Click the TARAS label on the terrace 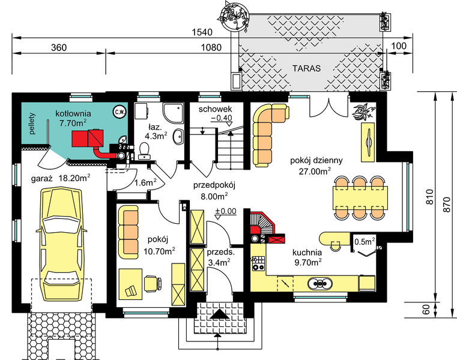[306, 68]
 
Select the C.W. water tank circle [120, 111]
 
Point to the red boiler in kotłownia [86, 139]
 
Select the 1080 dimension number [210, 47]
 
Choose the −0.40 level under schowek [221, 118]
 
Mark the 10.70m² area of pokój [159, 250]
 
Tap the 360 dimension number [58, 47]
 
